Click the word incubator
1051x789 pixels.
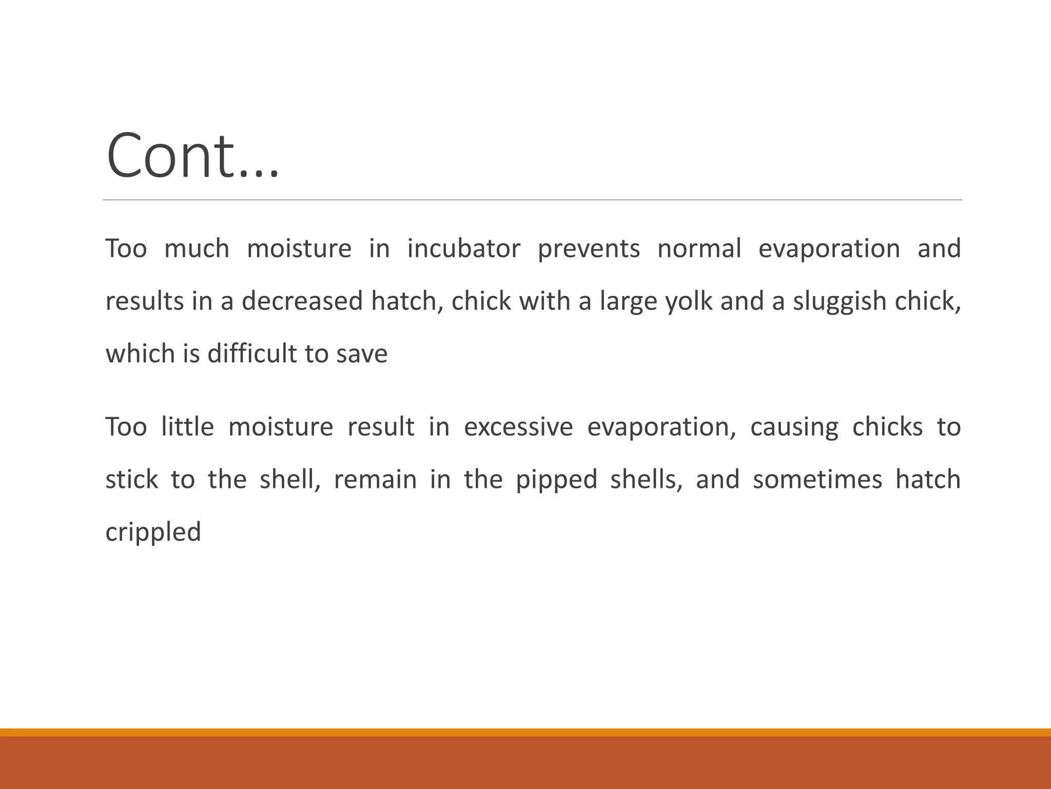pyautogui.click(x=463, y=249)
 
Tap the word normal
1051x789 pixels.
pyautogui.click(x=699, y=249)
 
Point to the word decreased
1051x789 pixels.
pyautogui.click(x=302, y=301)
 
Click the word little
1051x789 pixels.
pyautogui.click(x=187, y=427)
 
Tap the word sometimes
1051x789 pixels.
pyautogui.click(x=817, y=479)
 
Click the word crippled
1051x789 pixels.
pyautogui.click(x=153, y=533)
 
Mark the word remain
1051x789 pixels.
pyautogui.click(x=375, y=479)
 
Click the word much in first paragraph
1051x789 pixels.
pyautogui.click(x=197, y=249)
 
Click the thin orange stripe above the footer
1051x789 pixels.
pyautogui.click(x=525, y=732)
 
